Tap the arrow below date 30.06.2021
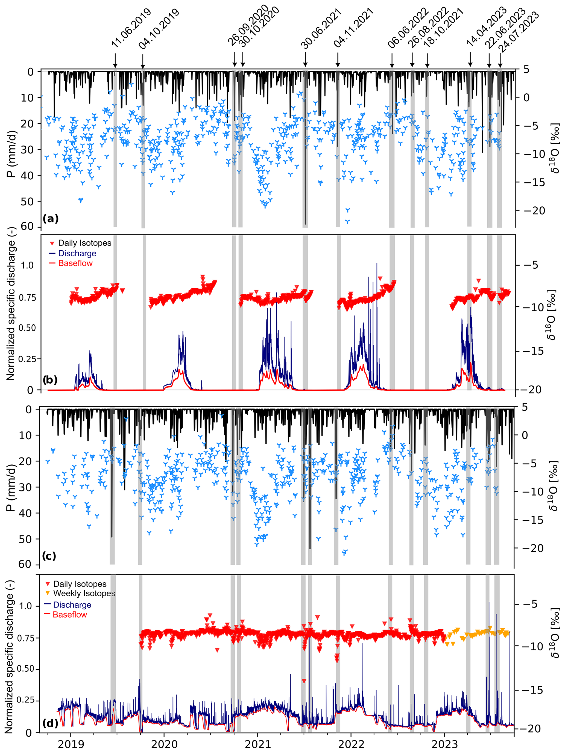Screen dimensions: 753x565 tap(305, 60)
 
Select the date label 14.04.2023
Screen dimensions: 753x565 tap(486, 26)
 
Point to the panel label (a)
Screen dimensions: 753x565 tap(51, 218)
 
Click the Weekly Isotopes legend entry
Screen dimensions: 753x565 tap(84, 593)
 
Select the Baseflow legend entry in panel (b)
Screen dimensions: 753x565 tap(75, 263)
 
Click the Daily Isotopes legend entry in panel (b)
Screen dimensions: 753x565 tap(84, 243)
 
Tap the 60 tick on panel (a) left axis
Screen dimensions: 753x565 tap(27, 226)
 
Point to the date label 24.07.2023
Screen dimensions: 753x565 tap(519, 32)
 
